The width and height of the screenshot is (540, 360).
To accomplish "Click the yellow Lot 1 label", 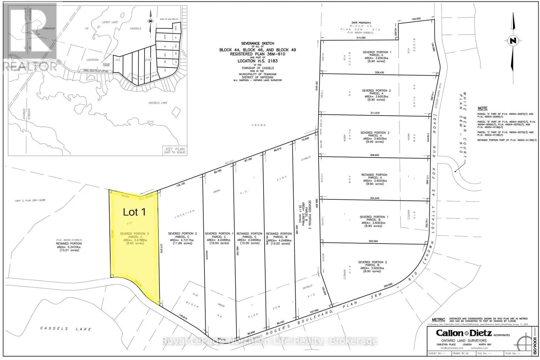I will (134, 212).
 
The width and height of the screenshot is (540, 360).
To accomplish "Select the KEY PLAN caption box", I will (175, 150).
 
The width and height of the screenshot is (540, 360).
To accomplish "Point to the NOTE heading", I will (482, 108).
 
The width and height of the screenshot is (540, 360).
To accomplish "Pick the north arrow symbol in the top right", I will (513, 47).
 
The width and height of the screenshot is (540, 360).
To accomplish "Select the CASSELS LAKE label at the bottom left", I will (66, 328).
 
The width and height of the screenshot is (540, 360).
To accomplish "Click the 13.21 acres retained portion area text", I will (69, 250).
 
